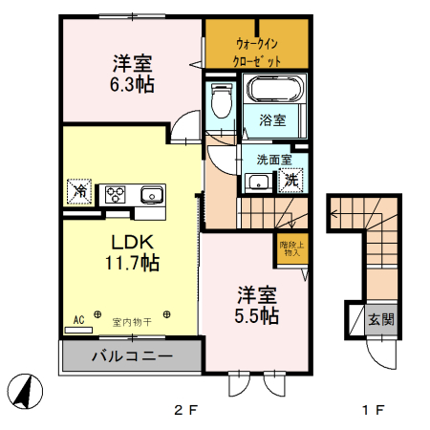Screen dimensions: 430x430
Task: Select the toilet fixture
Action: (x=221, y=100)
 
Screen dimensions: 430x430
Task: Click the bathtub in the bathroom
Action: (x=275, y=92)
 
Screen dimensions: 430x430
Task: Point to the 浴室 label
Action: (x=272, y=120)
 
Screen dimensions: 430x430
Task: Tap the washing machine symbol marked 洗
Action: (x=290, y=179)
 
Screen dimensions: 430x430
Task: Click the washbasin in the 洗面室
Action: (x=257, y=182)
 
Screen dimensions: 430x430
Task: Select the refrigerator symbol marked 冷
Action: (x=78, y=192)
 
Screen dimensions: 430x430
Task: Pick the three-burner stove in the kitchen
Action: (x=117, y=194)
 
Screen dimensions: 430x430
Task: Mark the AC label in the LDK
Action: (x=79, y=320)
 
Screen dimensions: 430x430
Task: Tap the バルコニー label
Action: (x=132, y=357)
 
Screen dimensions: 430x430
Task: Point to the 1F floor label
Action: (x=372, y=411)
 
